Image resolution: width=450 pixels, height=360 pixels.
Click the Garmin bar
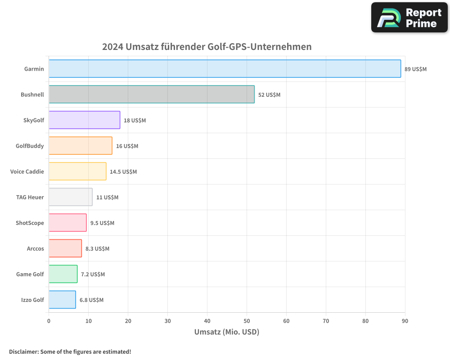pos(225,69)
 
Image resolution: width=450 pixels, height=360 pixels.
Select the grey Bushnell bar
pos(152,94)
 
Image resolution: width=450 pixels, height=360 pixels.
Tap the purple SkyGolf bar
pos(84,120)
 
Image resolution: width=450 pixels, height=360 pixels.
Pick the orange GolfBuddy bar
pos(80,146)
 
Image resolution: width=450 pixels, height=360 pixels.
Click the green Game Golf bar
pos(63,274)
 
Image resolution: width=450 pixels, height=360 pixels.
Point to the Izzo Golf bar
pos(62,300)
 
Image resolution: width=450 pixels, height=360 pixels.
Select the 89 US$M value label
pos(415,69)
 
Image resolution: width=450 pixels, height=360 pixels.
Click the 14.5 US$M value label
pos(123,172)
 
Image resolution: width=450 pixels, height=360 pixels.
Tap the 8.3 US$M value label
pos(97,249)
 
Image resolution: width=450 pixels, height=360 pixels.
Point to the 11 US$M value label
pos(107,198)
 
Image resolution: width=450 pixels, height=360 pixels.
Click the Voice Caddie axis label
pos(27,171)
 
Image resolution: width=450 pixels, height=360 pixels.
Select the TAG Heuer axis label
pos(30,197)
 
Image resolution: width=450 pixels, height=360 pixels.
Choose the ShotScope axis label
pos(30,223)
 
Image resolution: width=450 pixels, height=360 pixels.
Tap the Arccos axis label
pos(36,248)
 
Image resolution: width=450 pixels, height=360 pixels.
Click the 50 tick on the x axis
pos(247,321)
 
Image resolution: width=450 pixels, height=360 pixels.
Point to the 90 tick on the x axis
pos(405,321)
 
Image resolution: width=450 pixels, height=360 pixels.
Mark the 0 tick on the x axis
pos(49,321)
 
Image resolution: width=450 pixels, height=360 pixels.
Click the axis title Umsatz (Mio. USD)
pos(227,332)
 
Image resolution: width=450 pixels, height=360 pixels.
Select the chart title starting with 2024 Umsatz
pos(207,47)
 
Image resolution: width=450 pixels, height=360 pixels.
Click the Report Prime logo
pos(409,18)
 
